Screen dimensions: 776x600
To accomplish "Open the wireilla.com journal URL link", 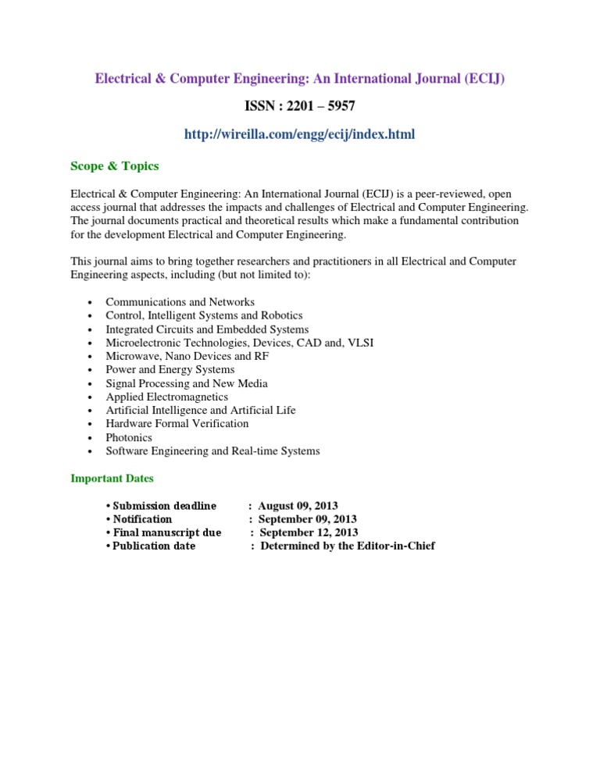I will point(299,135).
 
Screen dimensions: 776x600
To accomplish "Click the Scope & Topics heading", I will point(115,166).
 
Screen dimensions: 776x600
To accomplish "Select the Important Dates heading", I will point(112,478).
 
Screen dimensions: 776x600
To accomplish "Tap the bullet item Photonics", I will point(129,437).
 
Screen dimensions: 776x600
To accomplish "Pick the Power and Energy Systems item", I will point(170,369).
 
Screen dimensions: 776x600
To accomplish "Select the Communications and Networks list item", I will point(180,302).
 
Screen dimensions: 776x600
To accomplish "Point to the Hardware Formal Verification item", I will point(177,424).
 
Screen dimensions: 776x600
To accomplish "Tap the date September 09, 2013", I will point(307,519).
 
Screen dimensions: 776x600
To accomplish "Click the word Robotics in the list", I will point(281,315).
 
